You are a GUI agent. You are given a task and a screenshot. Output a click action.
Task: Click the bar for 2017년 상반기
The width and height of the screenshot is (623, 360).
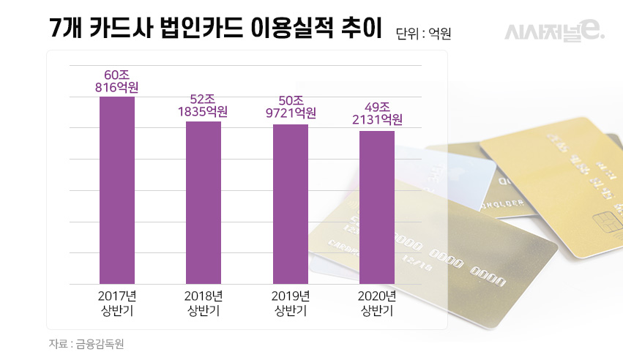pos(117,190)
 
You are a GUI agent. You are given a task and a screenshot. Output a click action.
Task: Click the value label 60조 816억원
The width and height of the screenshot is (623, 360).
pos(117,80)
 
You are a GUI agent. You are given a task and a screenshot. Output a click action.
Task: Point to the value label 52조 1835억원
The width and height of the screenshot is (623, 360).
pos(203,105)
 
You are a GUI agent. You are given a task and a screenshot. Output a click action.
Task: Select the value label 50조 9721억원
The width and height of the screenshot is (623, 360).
pos(291,107)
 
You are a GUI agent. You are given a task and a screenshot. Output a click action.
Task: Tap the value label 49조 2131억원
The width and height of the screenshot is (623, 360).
pos(377,113)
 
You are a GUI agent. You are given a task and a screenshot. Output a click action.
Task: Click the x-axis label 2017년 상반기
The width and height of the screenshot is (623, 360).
pos(117,304)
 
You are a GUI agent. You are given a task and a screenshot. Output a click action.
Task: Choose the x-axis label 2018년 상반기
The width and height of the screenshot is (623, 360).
pos(204,304)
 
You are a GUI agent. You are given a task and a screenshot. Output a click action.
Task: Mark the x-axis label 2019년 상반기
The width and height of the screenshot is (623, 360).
pos(291,304)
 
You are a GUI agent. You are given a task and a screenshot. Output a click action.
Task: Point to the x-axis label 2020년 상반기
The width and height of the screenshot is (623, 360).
pos(377,304)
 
